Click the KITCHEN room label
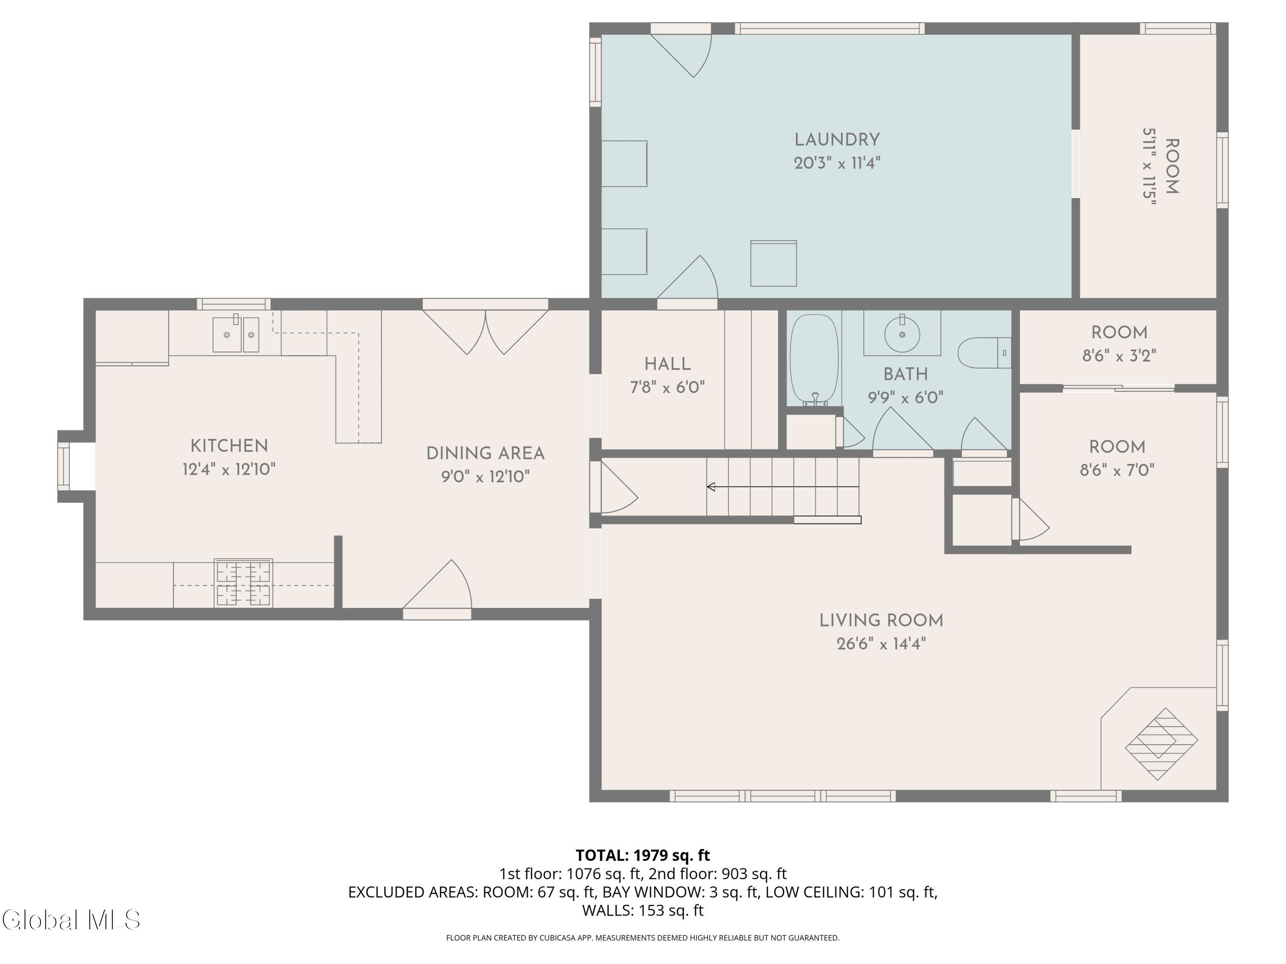point(229,446)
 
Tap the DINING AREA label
point(485,454)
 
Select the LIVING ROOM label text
point(881,620)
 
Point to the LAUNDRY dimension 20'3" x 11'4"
point(837,163)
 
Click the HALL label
point(667,364)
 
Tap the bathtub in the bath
point(814,360)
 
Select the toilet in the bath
point(984,353)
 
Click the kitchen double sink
point(235,334)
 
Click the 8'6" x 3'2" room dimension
point(1119,356)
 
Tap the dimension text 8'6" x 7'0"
point(1117,470)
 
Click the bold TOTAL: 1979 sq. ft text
point(643,855)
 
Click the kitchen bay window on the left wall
point(64,465)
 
